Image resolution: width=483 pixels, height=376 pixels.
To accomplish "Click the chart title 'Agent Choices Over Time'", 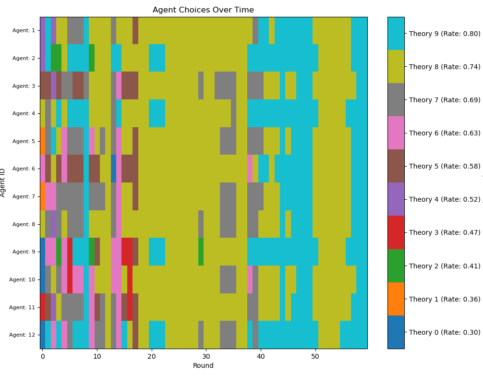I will tap(203, 10).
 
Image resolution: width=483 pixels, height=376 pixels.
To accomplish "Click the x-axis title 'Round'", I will tap(203, 365).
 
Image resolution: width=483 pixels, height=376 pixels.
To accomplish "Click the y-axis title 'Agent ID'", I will tap(3, 182).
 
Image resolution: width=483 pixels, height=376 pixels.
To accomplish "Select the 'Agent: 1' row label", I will tap(23, 31).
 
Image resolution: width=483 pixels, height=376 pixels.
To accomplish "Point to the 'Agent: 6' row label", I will tap(23, 169).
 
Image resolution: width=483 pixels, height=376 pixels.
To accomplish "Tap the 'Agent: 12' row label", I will tap(22, 335).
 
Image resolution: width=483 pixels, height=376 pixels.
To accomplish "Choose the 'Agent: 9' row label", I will tap(23, 252).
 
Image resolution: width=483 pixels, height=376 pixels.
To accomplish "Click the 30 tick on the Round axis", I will tap(206, 357).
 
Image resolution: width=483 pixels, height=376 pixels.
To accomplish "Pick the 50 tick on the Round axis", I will tap(315, 357).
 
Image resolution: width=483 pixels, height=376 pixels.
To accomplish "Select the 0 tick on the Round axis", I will tap(43, 357).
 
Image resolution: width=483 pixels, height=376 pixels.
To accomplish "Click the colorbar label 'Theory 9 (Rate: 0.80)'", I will tap(444, 34).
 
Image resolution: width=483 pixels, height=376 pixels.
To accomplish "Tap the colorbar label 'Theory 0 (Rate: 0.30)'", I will tap(444, 332).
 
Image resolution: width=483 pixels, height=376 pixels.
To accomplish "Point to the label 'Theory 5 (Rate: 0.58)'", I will tap(444, 166).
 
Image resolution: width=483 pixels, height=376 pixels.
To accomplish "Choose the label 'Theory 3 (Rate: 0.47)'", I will tap(444, 232).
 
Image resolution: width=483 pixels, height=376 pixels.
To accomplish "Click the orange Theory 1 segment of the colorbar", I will tap(396, 299).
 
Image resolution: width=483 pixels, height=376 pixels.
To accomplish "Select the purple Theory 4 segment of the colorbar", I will tap(396, 199).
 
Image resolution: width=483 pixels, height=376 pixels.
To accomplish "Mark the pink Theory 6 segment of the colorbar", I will tap(396, 133).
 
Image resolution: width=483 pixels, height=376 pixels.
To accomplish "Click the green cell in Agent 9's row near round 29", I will tap(201, 252).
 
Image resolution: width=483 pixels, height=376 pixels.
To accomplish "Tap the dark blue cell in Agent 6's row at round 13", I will tap(114, 169).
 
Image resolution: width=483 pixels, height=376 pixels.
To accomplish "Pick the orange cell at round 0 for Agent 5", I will tap(43, 141).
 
